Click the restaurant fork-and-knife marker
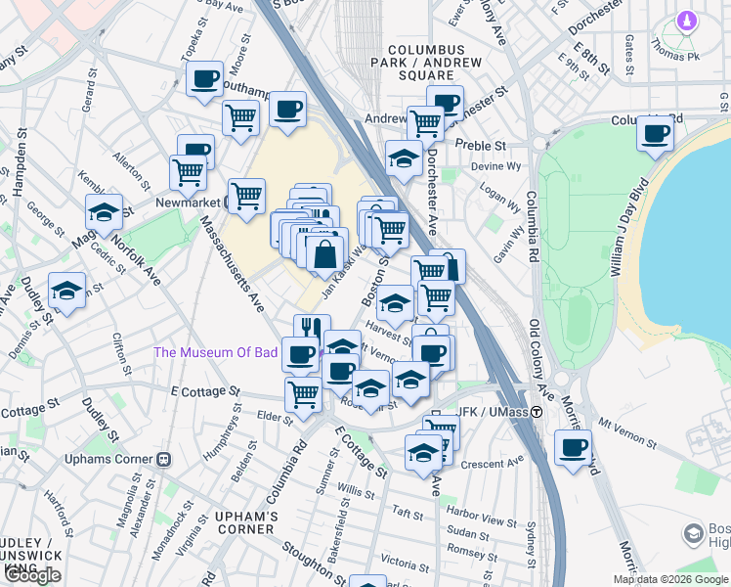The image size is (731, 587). click(x=312, y=330)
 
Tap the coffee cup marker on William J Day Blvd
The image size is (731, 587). click(x=655, y=132)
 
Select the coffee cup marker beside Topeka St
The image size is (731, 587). click(x=204, y=78)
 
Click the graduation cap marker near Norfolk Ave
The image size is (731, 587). click(x=104, y=212)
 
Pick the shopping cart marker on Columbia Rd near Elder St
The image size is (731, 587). click(x=303, y=394)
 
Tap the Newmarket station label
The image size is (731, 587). click(x=185, y=203)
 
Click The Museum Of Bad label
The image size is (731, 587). click(x=216, y=352)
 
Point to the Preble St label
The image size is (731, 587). click(x=486, y=145)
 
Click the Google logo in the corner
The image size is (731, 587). click(x=32, y=575)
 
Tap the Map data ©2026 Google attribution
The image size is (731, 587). click(x=671, y=579)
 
